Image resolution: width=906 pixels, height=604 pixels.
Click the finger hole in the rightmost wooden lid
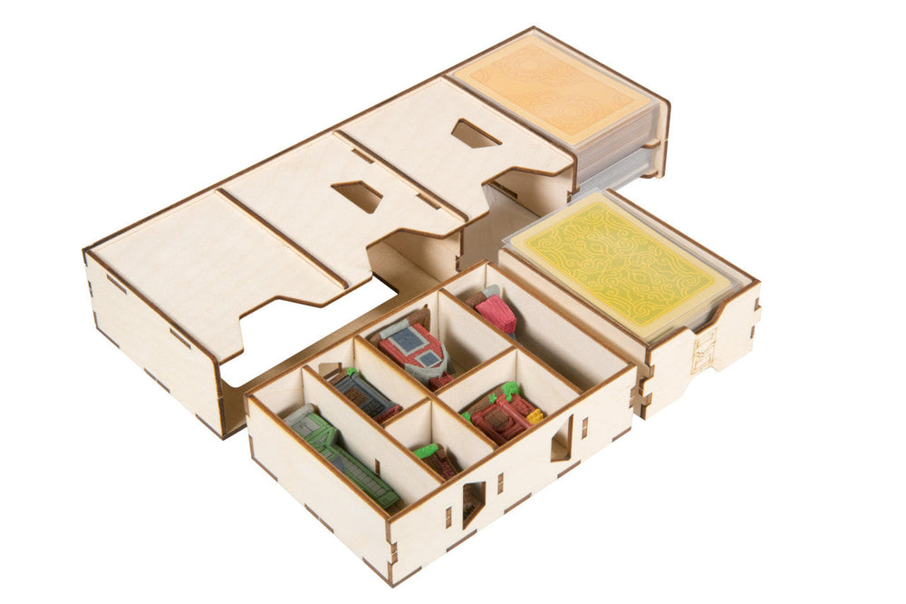pos(476,134)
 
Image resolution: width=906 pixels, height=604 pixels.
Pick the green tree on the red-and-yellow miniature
pos(510,391)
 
